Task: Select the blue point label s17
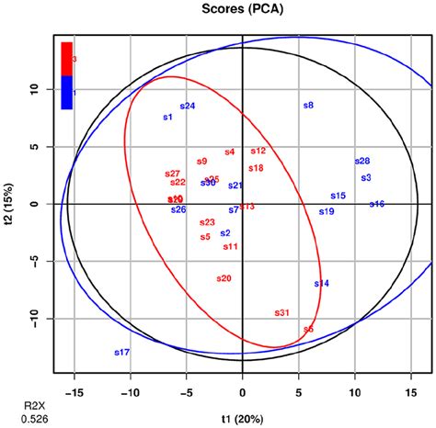(x=121, y=353)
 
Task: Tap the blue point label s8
(x=308, y=106)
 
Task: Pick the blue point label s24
(x=188, y=107)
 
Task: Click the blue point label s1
(x=167, y=118)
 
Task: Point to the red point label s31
(x=282, y=313)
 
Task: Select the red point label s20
(x=224, y=278)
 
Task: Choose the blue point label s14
(x=321, y=284)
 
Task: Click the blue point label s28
(x=362, y=162)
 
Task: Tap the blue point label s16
(x=377, y=204)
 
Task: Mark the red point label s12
(x=258, y=151)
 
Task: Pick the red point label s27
(x=172, y=173)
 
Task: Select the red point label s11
(x=230, y=246)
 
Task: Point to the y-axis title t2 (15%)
(x=12, y=204)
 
